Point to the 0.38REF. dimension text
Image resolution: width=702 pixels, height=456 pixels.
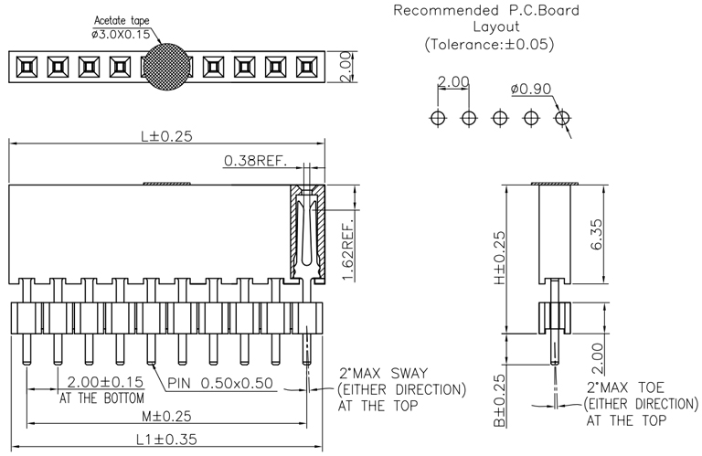pyautogui.click(x=255, y=162)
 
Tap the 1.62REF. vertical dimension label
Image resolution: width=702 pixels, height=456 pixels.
pyautogui.click(x=347, y=251)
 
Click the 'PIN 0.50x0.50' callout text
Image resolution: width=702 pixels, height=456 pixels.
pyautogui.click(x=220, y=383)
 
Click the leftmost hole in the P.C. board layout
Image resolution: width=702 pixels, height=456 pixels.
pyautogui.click(x=438, y=118)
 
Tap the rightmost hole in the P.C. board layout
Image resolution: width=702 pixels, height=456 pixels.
pyautogui.click(x=562, y=118)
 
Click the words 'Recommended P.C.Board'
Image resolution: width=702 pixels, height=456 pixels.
pyautogui.click(x=485, y=11)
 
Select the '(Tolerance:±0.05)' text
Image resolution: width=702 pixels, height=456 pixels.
pyautogui.click(x=489, y=44)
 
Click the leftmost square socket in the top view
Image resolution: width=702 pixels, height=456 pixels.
pyautogui.click(x=27, y=66)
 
